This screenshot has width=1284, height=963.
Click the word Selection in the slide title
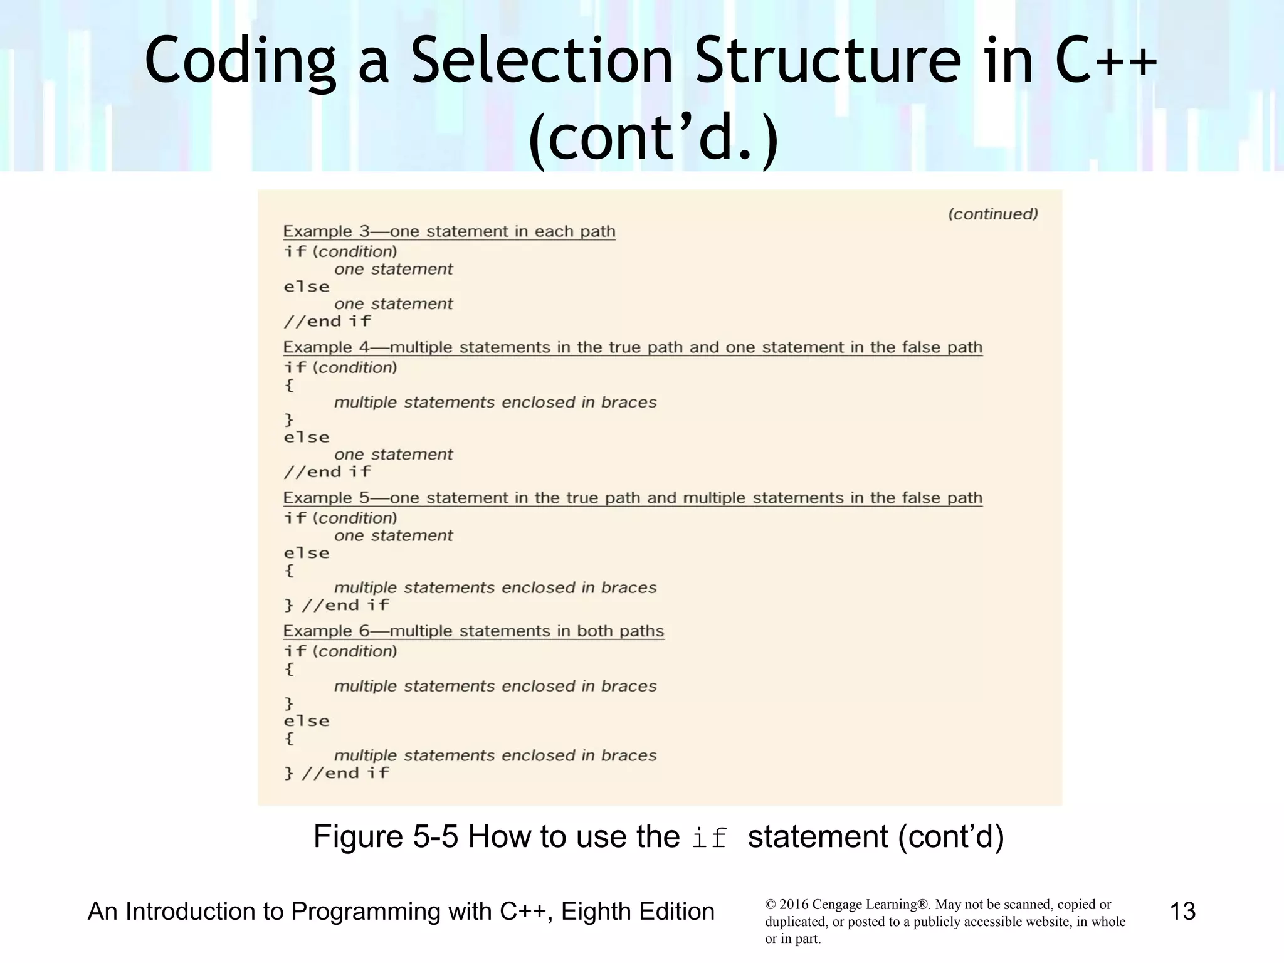pos(542,61)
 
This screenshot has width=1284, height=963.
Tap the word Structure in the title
pos(828,61)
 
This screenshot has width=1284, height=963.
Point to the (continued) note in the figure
pos(992,214)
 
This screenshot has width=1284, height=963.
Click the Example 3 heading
pos(449,232)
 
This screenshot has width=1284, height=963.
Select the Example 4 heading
pos(632,348)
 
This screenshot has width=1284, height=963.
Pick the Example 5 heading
pos(632,498)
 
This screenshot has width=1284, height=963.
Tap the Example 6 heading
pos(473,631)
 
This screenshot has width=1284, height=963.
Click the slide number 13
pos(1182,911)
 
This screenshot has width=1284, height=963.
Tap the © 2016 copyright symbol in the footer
pos(770,905)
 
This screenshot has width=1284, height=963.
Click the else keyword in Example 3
pos(307,287)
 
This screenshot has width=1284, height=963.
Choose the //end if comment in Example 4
pos(327,472)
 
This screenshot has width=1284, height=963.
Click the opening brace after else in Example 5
pos(289,571)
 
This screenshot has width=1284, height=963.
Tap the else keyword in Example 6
pos(307,721)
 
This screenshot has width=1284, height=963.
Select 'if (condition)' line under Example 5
pos(340,518)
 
